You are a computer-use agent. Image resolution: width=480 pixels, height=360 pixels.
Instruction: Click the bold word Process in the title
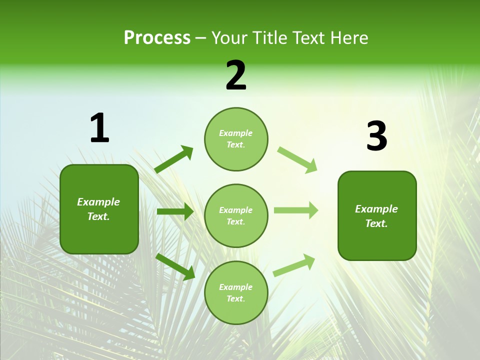coord(157,38)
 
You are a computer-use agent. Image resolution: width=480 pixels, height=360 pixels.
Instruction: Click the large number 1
coord(99,128)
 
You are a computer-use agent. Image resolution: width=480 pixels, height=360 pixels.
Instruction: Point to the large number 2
coord(236,75)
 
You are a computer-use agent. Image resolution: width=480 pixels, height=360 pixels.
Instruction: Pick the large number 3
coord(376,136)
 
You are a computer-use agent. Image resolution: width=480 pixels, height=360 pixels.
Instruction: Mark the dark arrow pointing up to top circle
coord(173,159)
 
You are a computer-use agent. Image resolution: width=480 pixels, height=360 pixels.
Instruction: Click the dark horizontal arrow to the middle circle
coord(175,211)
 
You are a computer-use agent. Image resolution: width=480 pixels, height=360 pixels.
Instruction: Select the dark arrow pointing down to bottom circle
coord(175,266)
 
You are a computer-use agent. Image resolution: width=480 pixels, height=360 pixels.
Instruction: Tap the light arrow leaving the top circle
coord(297,159)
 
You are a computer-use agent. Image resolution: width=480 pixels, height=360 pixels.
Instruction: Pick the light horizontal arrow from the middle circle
coord(296,210)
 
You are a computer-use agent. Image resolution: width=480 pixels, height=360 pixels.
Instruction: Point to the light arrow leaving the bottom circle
coord(294,265)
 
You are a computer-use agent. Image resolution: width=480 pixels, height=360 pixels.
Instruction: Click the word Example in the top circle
coord(236,133)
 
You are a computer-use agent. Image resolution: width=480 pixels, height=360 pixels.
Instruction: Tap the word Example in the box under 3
coord(376,209)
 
